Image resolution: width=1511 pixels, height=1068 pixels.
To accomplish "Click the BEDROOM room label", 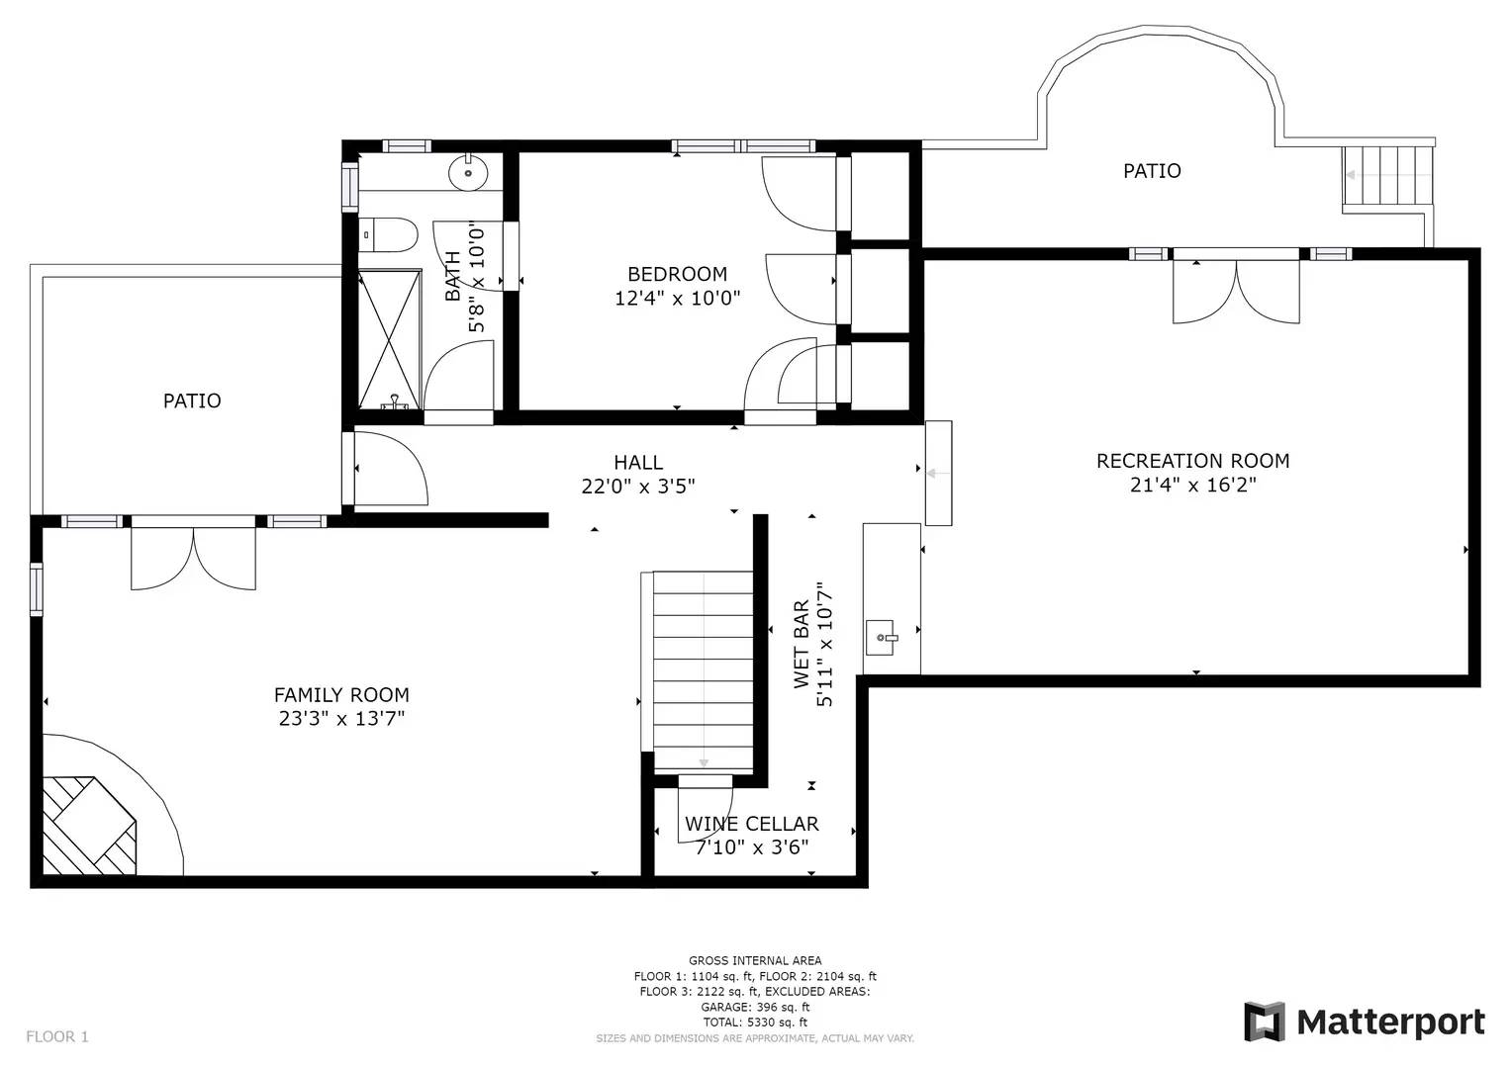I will (677, 274).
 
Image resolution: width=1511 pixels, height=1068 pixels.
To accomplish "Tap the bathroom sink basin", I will (467, 174).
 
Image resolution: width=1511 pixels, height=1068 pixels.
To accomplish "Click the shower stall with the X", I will (389, 339).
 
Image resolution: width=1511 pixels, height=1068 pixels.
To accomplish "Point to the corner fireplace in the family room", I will (88, 826).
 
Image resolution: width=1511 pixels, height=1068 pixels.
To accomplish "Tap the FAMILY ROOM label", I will (341, 695).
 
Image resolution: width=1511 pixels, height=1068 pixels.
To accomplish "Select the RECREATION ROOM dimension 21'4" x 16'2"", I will (1192, 485).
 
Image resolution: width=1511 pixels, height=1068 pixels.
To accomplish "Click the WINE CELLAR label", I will (752, 824).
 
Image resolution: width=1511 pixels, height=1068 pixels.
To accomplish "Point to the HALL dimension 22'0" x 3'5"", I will (638, 486).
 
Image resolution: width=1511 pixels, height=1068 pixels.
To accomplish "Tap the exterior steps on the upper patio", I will (1387, 176).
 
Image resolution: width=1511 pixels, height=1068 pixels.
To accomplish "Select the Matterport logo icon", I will (1264, 1022).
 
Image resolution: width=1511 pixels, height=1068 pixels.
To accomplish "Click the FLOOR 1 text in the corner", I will (57, 1036).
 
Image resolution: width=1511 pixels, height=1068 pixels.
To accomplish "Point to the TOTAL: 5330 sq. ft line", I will (755, 1023).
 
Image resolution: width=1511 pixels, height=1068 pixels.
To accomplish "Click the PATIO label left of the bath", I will (192, 400).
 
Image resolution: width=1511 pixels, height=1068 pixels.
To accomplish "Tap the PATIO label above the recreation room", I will (1152, 171).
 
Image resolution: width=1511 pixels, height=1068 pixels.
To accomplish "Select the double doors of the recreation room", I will (1236, 289).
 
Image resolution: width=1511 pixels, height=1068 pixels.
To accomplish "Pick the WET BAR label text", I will (802, 645).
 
